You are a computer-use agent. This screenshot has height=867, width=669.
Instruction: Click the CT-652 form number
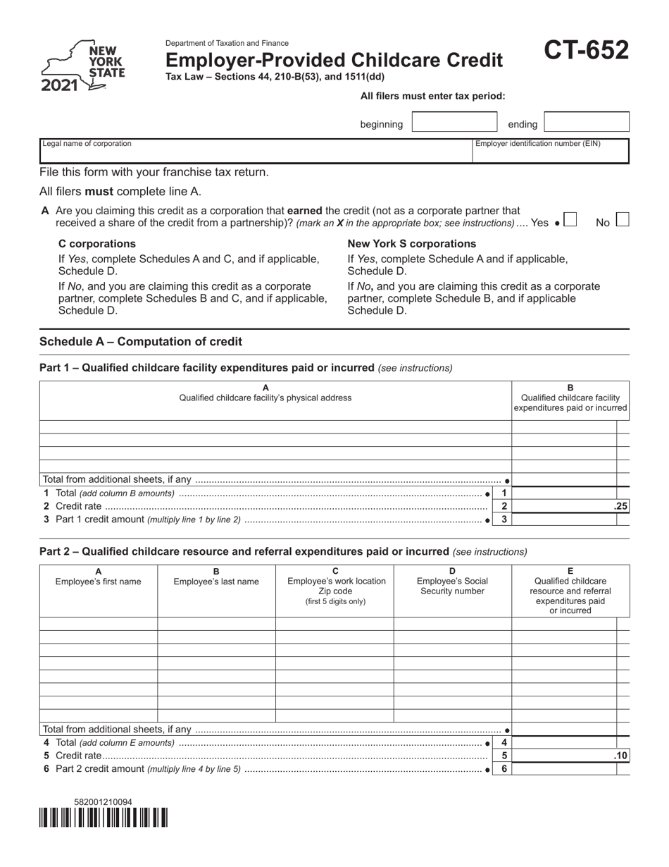586,51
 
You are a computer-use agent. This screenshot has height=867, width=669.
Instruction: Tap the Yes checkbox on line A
570,220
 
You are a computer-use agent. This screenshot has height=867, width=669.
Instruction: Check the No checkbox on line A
622,220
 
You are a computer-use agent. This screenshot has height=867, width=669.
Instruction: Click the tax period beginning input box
454,123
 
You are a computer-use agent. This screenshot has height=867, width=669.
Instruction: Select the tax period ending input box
587,123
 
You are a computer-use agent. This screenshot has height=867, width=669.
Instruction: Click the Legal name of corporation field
255,151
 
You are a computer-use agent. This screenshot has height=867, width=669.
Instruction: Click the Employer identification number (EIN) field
550,151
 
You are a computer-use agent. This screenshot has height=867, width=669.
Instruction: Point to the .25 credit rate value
620,506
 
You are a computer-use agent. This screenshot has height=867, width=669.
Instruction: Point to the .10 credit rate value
620,756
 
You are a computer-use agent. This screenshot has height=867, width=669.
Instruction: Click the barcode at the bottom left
104,818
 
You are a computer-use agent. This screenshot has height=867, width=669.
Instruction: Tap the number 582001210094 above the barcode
103,802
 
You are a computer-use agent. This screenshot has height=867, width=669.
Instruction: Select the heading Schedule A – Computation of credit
141,342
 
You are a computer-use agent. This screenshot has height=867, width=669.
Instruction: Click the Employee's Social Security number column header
452,582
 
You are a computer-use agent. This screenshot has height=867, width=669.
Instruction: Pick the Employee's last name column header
216,577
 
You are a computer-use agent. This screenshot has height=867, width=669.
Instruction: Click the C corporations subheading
97,244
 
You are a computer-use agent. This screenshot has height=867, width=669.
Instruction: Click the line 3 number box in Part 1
504,519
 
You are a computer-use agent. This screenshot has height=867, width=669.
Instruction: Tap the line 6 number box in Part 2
504,769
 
